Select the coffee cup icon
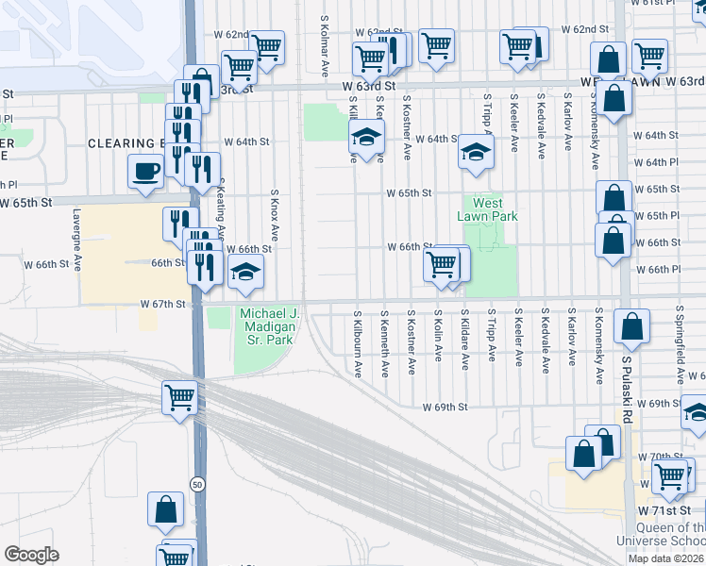coord(145,172)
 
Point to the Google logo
coord(31,555)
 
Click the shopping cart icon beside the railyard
coord(179,396)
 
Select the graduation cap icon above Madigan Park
coord(246,274)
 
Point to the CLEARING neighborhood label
coord(126,143)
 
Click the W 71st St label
coord(666,509)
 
